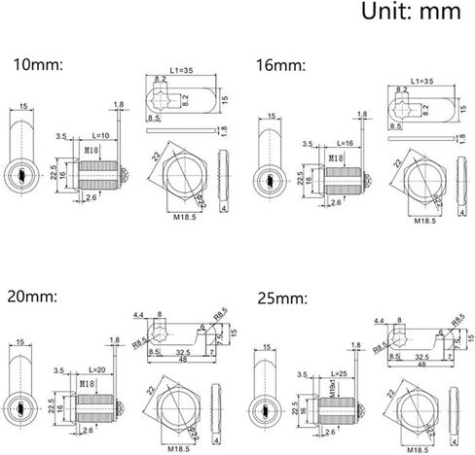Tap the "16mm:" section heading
280,65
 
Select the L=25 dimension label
341,373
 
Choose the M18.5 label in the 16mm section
424,222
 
